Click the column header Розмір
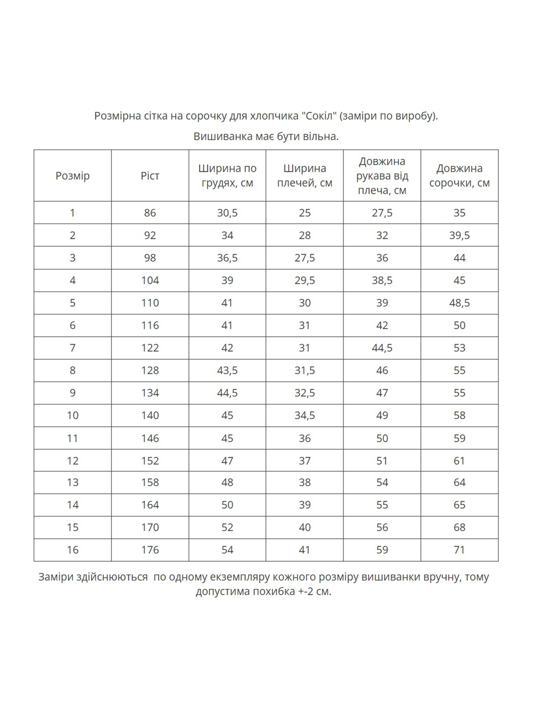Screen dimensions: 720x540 click(72, 176)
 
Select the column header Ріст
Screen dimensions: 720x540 click(150, 176)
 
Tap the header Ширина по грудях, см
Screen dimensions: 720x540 click(227, 176)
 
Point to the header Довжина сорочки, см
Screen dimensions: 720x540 click(459, 176)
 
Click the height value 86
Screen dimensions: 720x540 click(150, 213)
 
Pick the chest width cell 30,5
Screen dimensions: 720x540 click(227, 213)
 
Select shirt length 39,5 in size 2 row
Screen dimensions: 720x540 click(459, 235)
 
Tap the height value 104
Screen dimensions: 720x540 click(150, 280)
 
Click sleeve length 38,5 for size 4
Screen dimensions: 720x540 click(382, 280)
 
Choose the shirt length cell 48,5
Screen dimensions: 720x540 click(459, 303)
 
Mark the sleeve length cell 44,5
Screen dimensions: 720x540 click(382, 348)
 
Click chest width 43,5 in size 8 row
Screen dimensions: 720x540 click(227, 370)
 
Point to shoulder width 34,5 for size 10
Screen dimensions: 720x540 click(305, 415)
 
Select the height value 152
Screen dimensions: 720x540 click(150, 461)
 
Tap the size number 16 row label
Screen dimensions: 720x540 click(72, 550)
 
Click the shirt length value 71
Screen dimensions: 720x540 click(459, 550)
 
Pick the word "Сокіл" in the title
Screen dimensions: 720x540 click(317, 116)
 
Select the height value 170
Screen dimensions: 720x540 click(150, 527)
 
